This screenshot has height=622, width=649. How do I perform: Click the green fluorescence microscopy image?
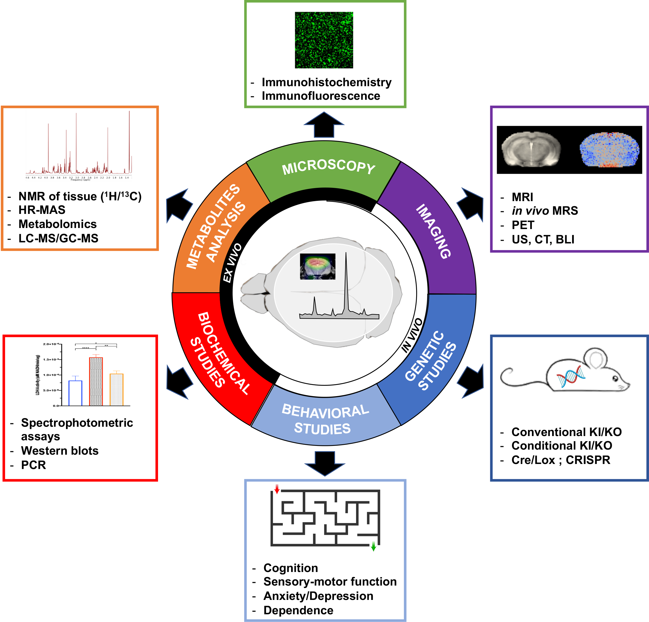pyautogui.click(x=324, y=40)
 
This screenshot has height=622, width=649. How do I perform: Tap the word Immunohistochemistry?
pyautogui.click(x=326, y=82)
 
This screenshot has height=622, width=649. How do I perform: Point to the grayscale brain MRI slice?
pyautogui.click(x=531, y=149)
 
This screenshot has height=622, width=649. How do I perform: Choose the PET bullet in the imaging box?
pyautogui.click(x=523, y=225)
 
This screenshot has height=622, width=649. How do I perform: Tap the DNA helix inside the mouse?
pyautogui.click(x=571, y=376)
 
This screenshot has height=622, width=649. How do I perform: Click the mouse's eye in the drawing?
pyautogui.click(x=615, y=378)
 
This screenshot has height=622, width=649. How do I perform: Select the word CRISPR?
pyautogui.click(x=588, y=460)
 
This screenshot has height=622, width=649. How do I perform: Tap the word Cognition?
pyautogui.click(x=290, y=568)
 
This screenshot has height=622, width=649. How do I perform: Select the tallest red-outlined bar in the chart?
pyautogui.click(x=96, y=381)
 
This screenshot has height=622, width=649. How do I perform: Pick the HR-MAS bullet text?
pyautogui.click(x=42, y=210)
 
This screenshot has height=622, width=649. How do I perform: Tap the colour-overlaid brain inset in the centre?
pyautogui.click(x=317, y=267)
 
